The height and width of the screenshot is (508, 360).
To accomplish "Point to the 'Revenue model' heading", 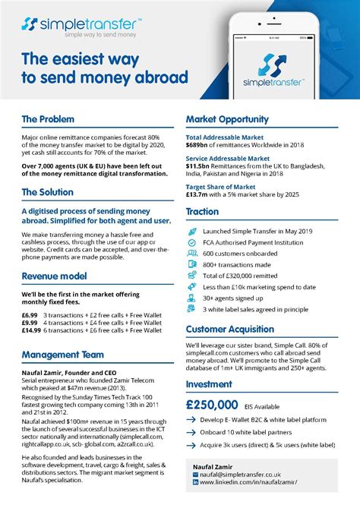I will (x=55, y=276).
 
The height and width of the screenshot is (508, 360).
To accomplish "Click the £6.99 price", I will (x=29, y=314).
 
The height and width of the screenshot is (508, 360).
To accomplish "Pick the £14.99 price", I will (x=31, y=330).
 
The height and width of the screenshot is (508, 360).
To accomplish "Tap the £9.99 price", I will (x=29, y=322).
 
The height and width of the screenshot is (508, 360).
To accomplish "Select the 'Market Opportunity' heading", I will (x=227, y=119).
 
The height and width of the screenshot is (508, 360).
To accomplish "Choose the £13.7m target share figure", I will (x=201, y=194).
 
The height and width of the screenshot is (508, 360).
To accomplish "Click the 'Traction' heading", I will (x=202, y=212).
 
